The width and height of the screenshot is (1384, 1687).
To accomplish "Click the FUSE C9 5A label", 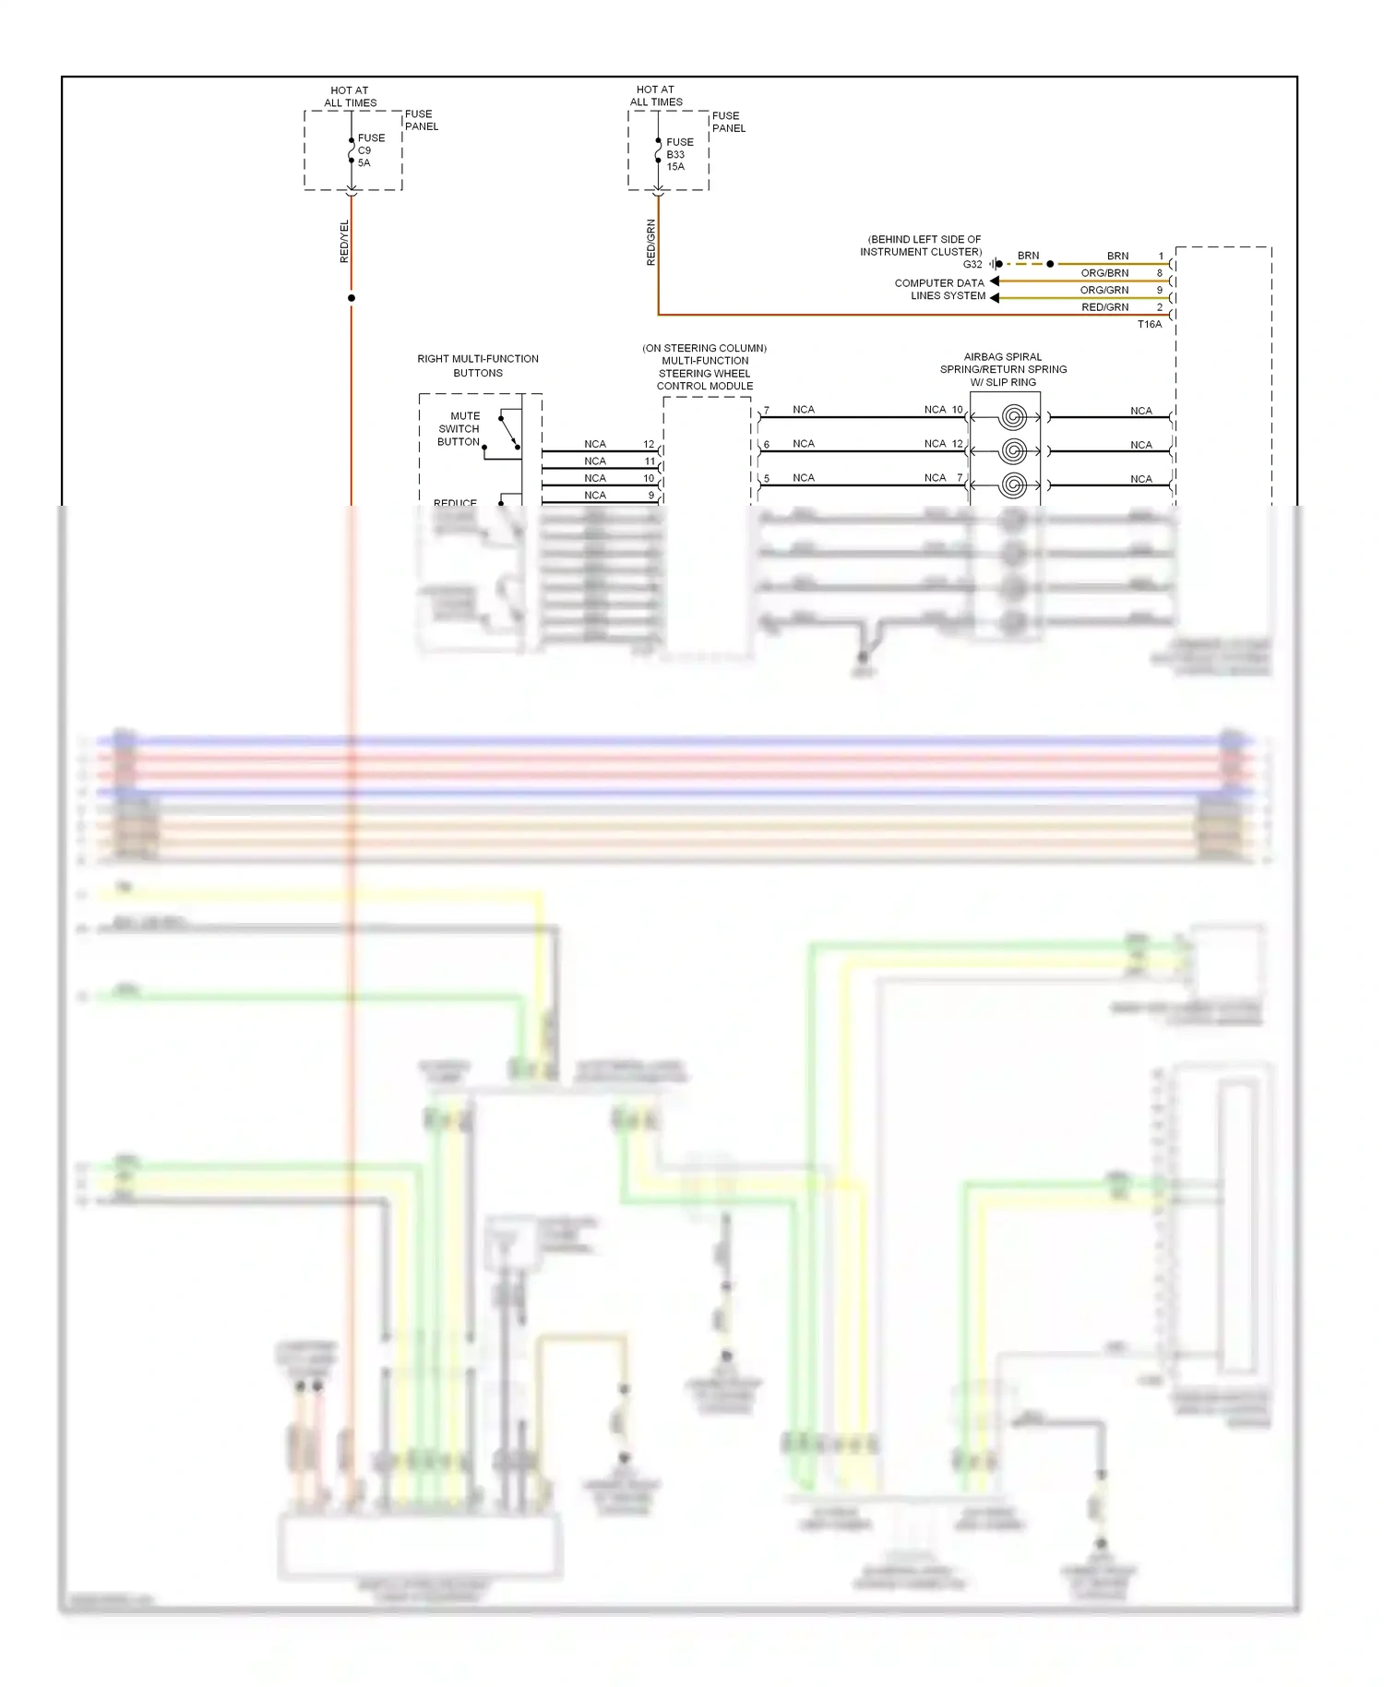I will (x=371, y=150).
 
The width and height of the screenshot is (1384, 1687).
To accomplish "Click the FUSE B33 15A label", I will (x=679, y=154).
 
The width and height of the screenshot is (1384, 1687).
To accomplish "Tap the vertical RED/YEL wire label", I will (x=345, y=242).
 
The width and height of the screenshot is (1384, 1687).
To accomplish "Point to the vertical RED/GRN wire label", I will (x=651, y=243).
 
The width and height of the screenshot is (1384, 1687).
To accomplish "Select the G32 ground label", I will (x=972, y=265).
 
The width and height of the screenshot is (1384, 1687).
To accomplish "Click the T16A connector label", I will (x=1150, y=325).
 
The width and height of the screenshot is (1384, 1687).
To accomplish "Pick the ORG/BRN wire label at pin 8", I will (x=1104, y=273).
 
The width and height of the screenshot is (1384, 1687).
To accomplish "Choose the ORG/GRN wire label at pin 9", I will (x=1104, y=290).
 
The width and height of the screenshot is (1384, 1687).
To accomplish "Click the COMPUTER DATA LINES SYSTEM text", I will (x=939, y=290).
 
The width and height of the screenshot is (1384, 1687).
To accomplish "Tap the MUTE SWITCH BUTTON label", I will (x=459, y=429).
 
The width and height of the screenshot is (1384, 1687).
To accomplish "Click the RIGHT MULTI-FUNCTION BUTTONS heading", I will (x=478, y=366).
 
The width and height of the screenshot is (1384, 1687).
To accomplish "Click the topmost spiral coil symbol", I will (x=1013, y=417).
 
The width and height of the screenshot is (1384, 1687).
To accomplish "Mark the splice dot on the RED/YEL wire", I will (x=352, y=298).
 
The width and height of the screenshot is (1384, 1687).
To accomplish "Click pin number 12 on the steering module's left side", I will (x=649, y=445).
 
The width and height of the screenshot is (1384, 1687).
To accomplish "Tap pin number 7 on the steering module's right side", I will (x=766, y=411).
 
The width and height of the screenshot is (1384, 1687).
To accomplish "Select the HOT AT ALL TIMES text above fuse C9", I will (x=350, y=97).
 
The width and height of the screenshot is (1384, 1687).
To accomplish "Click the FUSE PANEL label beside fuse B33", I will (x=728, y=122).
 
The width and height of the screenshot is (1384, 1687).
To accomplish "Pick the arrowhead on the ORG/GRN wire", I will (x=995, y=297).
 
